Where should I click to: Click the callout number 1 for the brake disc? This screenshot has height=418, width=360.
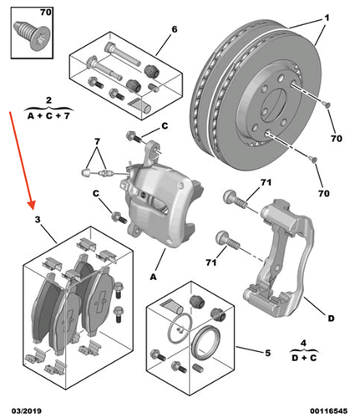pyautogui.click(x=328, y=18)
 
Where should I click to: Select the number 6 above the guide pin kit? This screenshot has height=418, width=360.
pyautogui.click(x=175, y=30)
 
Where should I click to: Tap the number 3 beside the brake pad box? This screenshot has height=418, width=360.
pyautogui.click(x=37, y=219)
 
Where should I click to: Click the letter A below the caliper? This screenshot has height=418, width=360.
pyautogui.click(x=152, y=275)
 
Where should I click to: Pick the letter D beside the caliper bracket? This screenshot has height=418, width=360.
pyautogui.click(x=332, y=318)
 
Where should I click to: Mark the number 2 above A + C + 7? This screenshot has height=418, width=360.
pyautogui.click(x=48, y=99)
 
